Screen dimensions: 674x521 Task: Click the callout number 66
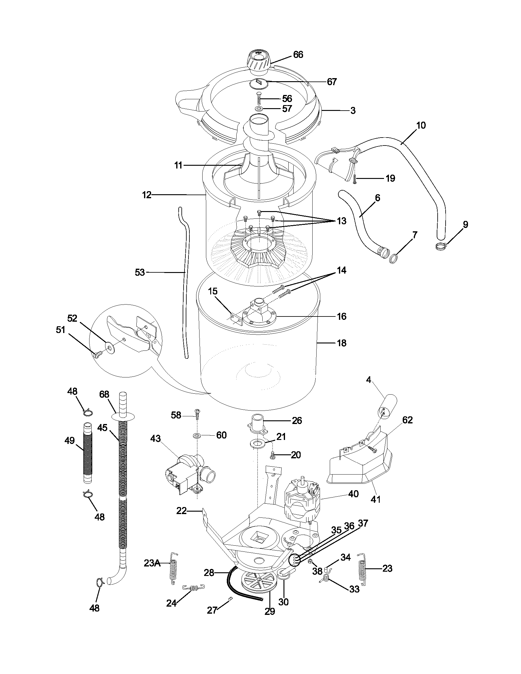(x=298, y=55)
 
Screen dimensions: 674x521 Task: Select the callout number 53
(x=140, y=272)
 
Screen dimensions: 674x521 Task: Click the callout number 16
(x=342, y=316)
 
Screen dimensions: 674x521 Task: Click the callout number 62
(x=407, y=420)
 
